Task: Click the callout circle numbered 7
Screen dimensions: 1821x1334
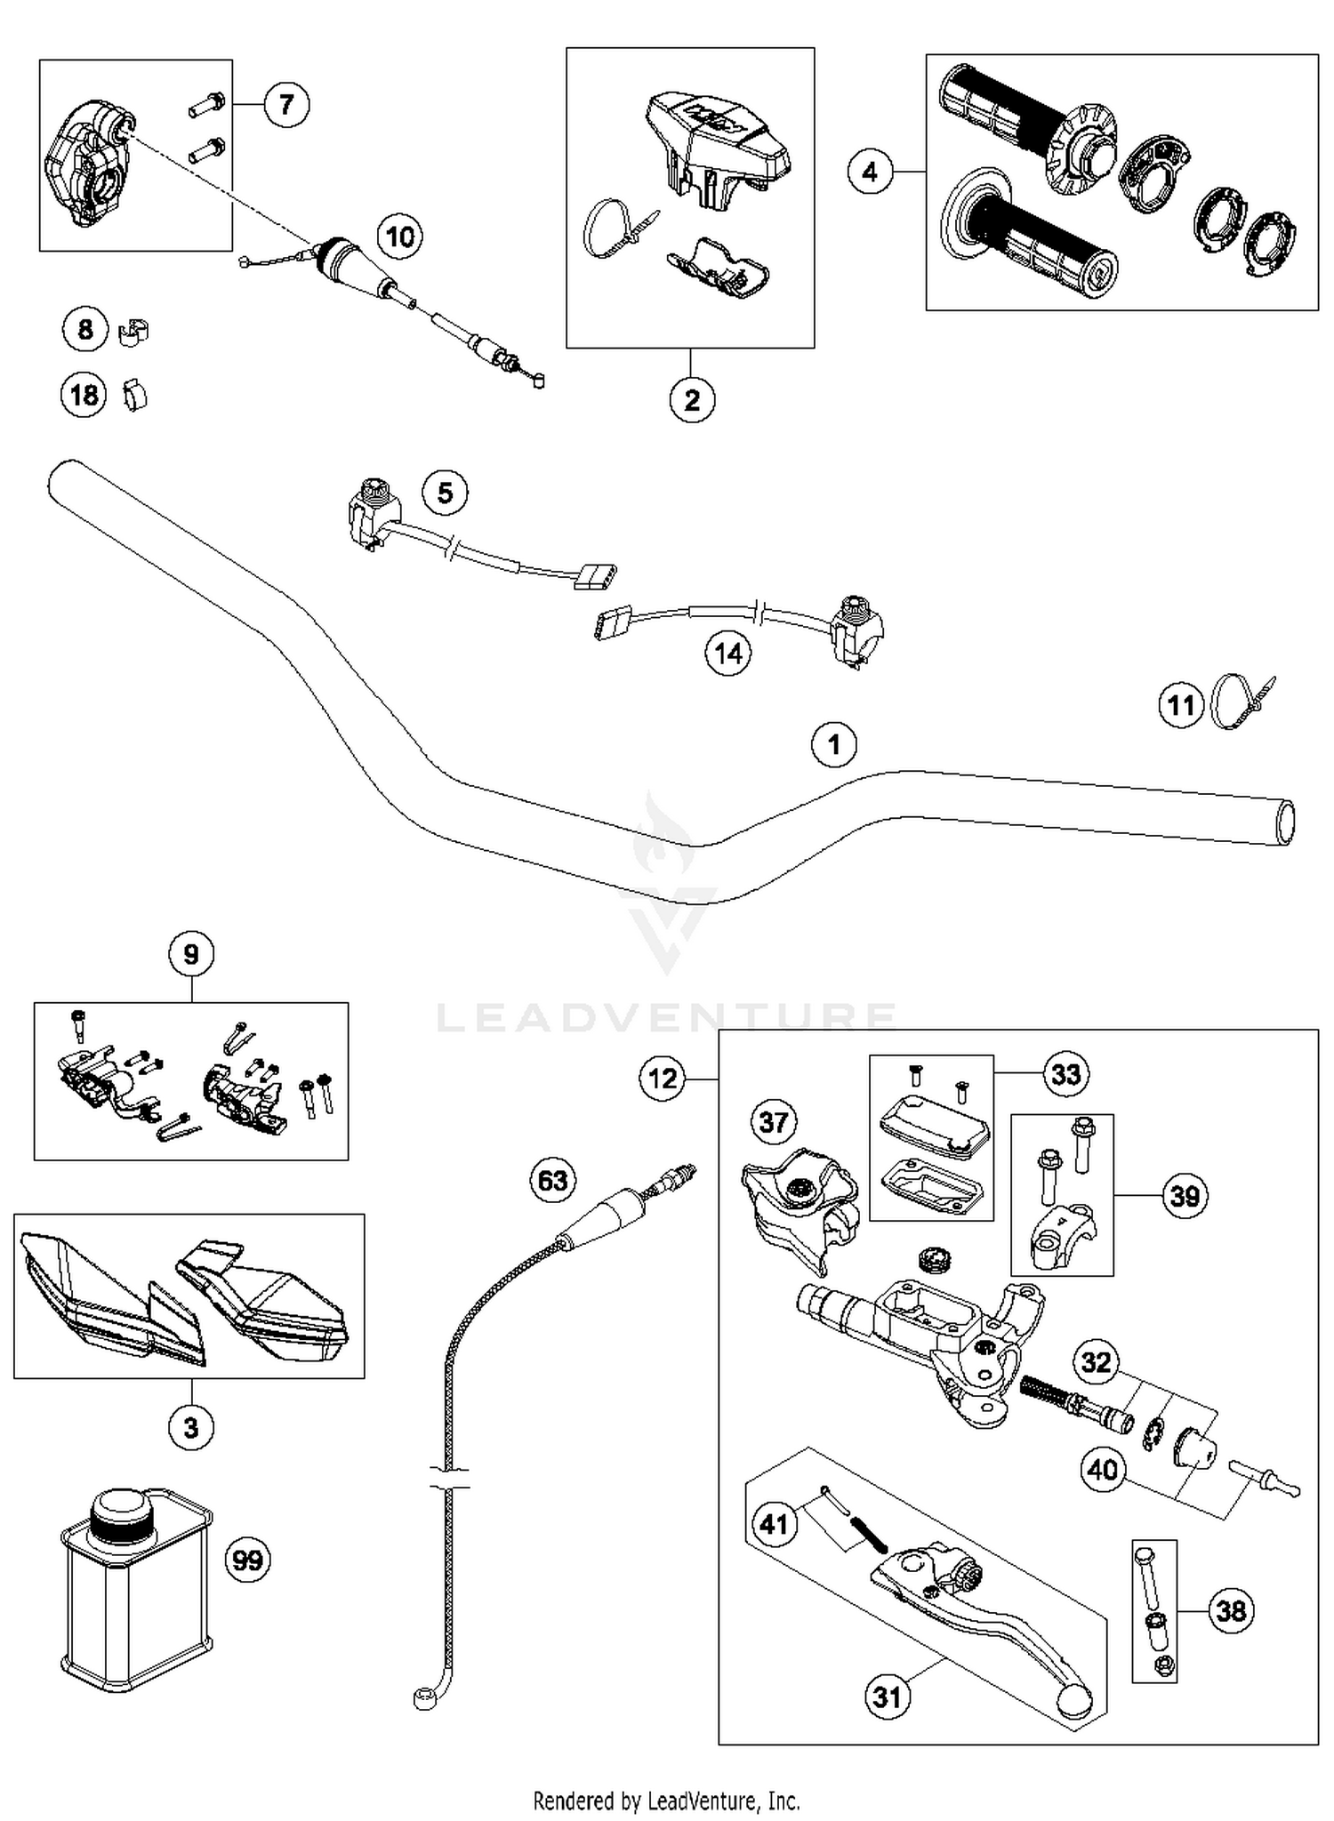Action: (x=285, y=105)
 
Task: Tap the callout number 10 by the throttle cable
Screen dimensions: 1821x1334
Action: (x=399, y=237)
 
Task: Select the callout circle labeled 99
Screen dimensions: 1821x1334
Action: (x=247, y=1559)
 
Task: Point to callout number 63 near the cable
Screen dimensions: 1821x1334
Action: (x=552, y=1180)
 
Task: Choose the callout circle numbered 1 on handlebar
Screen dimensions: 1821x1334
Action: (x=833, y=743)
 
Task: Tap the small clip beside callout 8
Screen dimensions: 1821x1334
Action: (x=133, y=331)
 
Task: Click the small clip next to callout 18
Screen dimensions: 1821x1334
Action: (x=134, y=394)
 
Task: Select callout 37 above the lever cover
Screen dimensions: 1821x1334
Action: (x=773, y=1122)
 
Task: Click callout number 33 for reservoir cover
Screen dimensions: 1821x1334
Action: (x=1065, y=1074)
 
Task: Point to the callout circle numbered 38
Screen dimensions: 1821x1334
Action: (x=1231, y=1610)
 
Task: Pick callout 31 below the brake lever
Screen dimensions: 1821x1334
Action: (x=887, y=1697)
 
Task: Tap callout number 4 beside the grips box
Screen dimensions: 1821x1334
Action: (x=870, y=171)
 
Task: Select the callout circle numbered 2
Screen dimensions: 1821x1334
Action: (x=692, y=399)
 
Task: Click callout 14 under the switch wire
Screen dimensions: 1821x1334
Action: (x=727, y=654)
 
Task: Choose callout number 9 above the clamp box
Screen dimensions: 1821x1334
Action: (x=191, y=954)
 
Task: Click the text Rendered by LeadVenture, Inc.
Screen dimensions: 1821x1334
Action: (x=666, y=1801)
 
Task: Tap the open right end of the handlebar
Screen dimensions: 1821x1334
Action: (x=1285, y=822)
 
